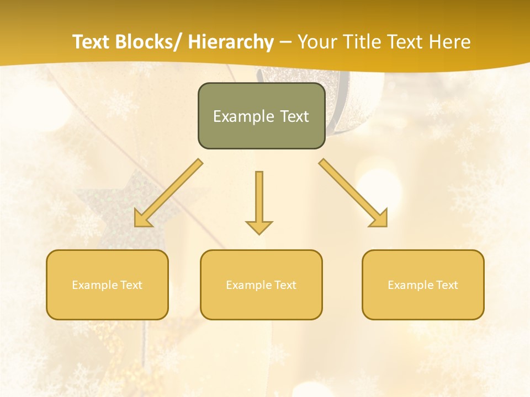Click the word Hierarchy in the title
coord(231,42)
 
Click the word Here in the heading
coord(451,42)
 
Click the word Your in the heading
coord(316,42)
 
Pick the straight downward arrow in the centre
coord(259,198)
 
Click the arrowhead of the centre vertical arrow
coord(259,227)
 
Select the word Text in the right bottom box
coord(447,285)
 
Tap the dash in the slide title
coord(285,42)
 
